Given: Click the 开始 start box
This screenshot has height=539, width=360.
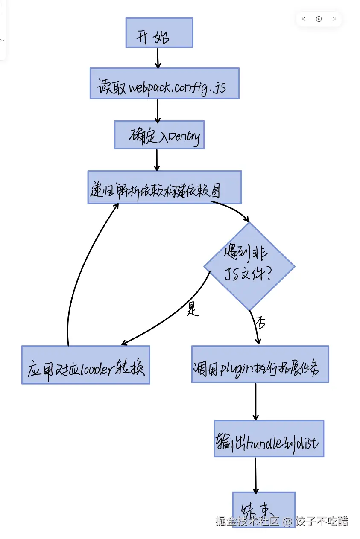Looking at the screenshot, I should [x=159, y=32].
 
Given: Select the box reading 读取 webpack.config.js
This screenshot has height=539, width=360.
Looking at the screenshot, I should [x=164, y=83].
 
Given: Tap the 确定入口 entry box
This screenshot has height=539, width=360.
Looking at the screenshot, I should [x=159, y=135].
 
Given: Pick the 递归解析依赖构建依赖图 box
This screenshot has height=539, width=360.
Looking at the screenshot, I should [x=164, y=187].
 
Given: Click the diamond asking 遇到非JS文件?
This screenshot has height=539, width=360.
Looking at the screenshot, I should [x=249, y=266].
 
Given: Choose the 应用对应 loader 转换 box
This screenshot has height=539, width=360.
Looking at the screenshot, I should [x=85, y=365].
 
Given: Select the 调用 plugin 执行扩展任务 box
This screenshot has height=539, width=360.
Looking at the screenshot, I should [x=260, y=364].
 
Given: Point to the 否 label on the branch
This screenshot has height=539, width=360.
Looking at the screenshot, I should [x=260, y=323].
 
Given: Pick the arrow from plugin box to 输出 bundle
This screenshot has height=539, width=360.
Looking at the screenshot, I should [x=255, y=401].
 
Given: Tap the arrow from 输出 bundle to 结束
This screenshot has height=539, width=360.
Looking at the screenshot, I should [x=255, y=475].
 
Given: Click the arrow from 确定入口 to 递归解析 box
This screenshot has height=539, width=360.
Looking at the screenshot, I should [x=157, y=160].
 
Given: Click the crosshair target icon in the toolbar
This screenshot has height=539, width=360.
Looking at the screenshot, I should [x=319, y=19].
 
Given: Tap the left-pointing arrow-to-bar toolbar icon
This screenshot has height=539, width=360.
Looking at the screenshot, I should [x=305, y=19].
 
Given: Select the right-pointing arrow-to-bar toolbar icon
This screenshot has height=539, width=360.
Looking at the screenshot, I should [x=333, y=19].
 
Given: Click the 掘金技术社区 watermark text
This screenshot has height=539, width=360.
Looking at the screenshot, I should [x=247, y=521].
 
